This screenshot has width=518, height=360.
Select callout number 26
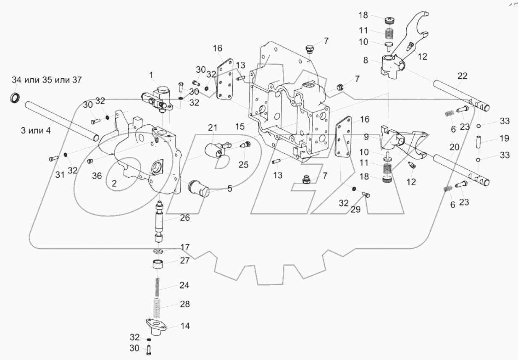click(x=185, y=218)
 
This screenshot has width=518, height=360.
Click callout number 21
click(x=213, y=127)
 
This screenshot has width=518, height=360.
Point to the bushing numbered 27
click(x=158, y=265)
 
